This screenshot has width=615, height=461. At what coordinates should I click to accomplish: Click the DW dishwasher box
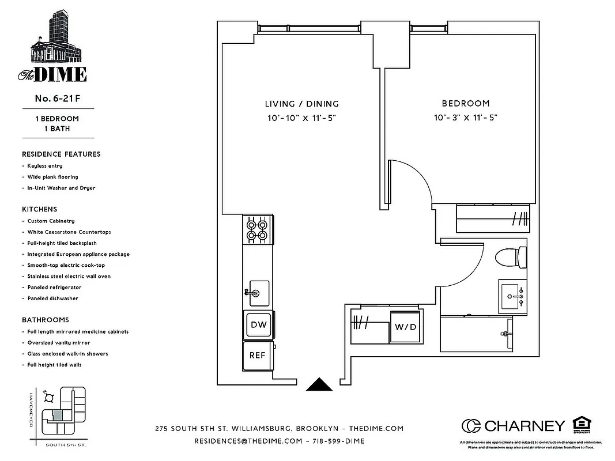pyautogui.click(x=258, y=324)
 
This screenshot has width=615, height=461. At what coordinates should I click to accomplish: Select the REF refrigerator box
pyautogui.click(x=257, y=355)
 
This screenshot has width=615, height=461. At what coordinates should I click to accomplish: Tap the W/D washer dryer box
pyautogui.click(x=406, y=327)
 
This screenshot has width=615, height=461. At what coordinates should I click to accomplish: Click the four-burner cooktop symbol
pyautogui.click(x=258, y=230)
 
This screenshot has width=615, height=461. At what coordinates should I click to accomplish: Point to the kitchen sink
pyautogui.click(x=257, y=293)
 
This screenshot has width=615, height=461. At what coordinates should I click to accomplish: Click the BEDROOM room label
pyautogui.click(x=465, y=104)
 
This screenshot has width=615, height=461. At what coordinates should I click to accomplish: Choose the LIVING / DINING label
pyautogui.click(x=301, y=104)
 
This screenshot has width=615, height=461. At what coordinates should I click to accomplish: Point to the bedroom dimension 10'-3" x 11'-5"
pyautogui.click(x=465, y=118)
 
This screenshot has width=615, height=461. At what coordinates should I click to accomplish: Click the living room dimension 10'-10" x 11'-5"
pyautogui.click(x=301, y=118)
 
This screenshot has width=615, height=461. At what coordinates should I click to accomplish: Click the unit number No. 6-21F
pyautogui.click(x=57, y=99)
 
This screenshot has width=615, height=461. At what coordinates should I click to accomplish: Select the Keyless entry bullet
pyautogui.click(x=44, y=166)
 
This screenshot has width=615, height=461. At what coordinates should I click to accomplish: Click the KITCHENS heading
pyautogui.click(x=40, y=210)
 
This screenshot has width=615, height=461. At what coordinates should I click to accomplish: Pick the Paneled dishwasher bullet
pyautogui.click(x=52, y=298)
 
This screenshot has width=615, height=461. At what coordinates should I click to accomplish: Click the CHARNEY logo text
pyautogui.click(x=524, y=426)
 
